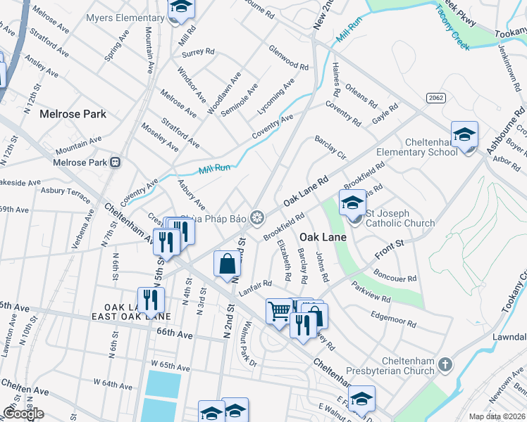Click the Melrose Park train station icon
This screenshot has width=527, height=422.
pos(115,162)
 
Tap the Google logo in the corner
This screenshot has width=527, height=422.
pos(23,414)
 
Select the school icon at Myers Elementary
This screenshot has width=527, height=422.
pos(181,8)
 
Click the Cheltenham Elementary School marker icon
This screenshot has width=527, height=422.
pos(464,134)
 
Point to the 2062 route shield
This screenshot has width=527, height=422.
pos(433,99)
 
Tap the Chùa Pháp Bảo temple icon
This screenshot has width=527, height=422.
pos(257,218)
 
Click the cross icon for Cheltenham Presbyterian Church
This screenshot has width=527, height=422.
pos(444,364)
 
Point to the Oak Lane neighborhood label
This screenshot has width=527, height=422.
pos(323,238)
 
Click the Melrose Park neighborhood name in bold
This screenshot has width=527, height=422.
pos(73,114)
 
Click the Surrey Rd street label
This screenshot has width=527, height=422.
pos(197,52)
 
